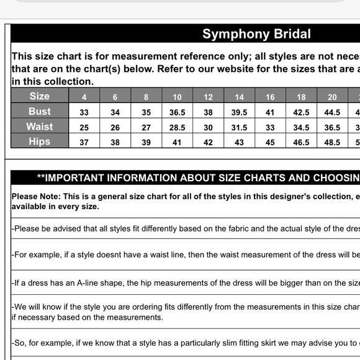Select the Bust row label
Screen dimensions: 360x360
click(40, 111)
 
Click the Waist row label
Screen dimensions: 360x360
click(40, 127)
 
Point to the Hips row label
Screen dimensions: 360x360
click(40, 142)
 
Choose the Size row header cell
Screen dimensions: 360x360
click(40, 96)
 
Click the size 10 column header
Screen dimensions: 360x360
click(178, 97)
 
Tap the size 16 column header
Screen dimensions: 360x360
click(270, 97)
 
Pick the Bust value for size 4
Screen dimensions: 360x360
click(84, 112)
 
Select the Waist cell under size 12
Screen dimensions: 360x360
click(209, 127)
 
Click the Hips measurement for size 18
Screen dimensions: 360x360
click(301, 142)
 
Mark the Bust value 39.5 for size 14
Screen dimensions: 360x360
click(240, 112)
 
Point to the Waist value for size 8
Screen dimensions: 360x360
click(146, 127)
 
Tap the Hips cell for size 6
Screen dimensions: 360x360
click(115, 142)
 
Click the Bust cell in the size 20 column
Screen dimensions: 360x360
click(332, 112)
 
